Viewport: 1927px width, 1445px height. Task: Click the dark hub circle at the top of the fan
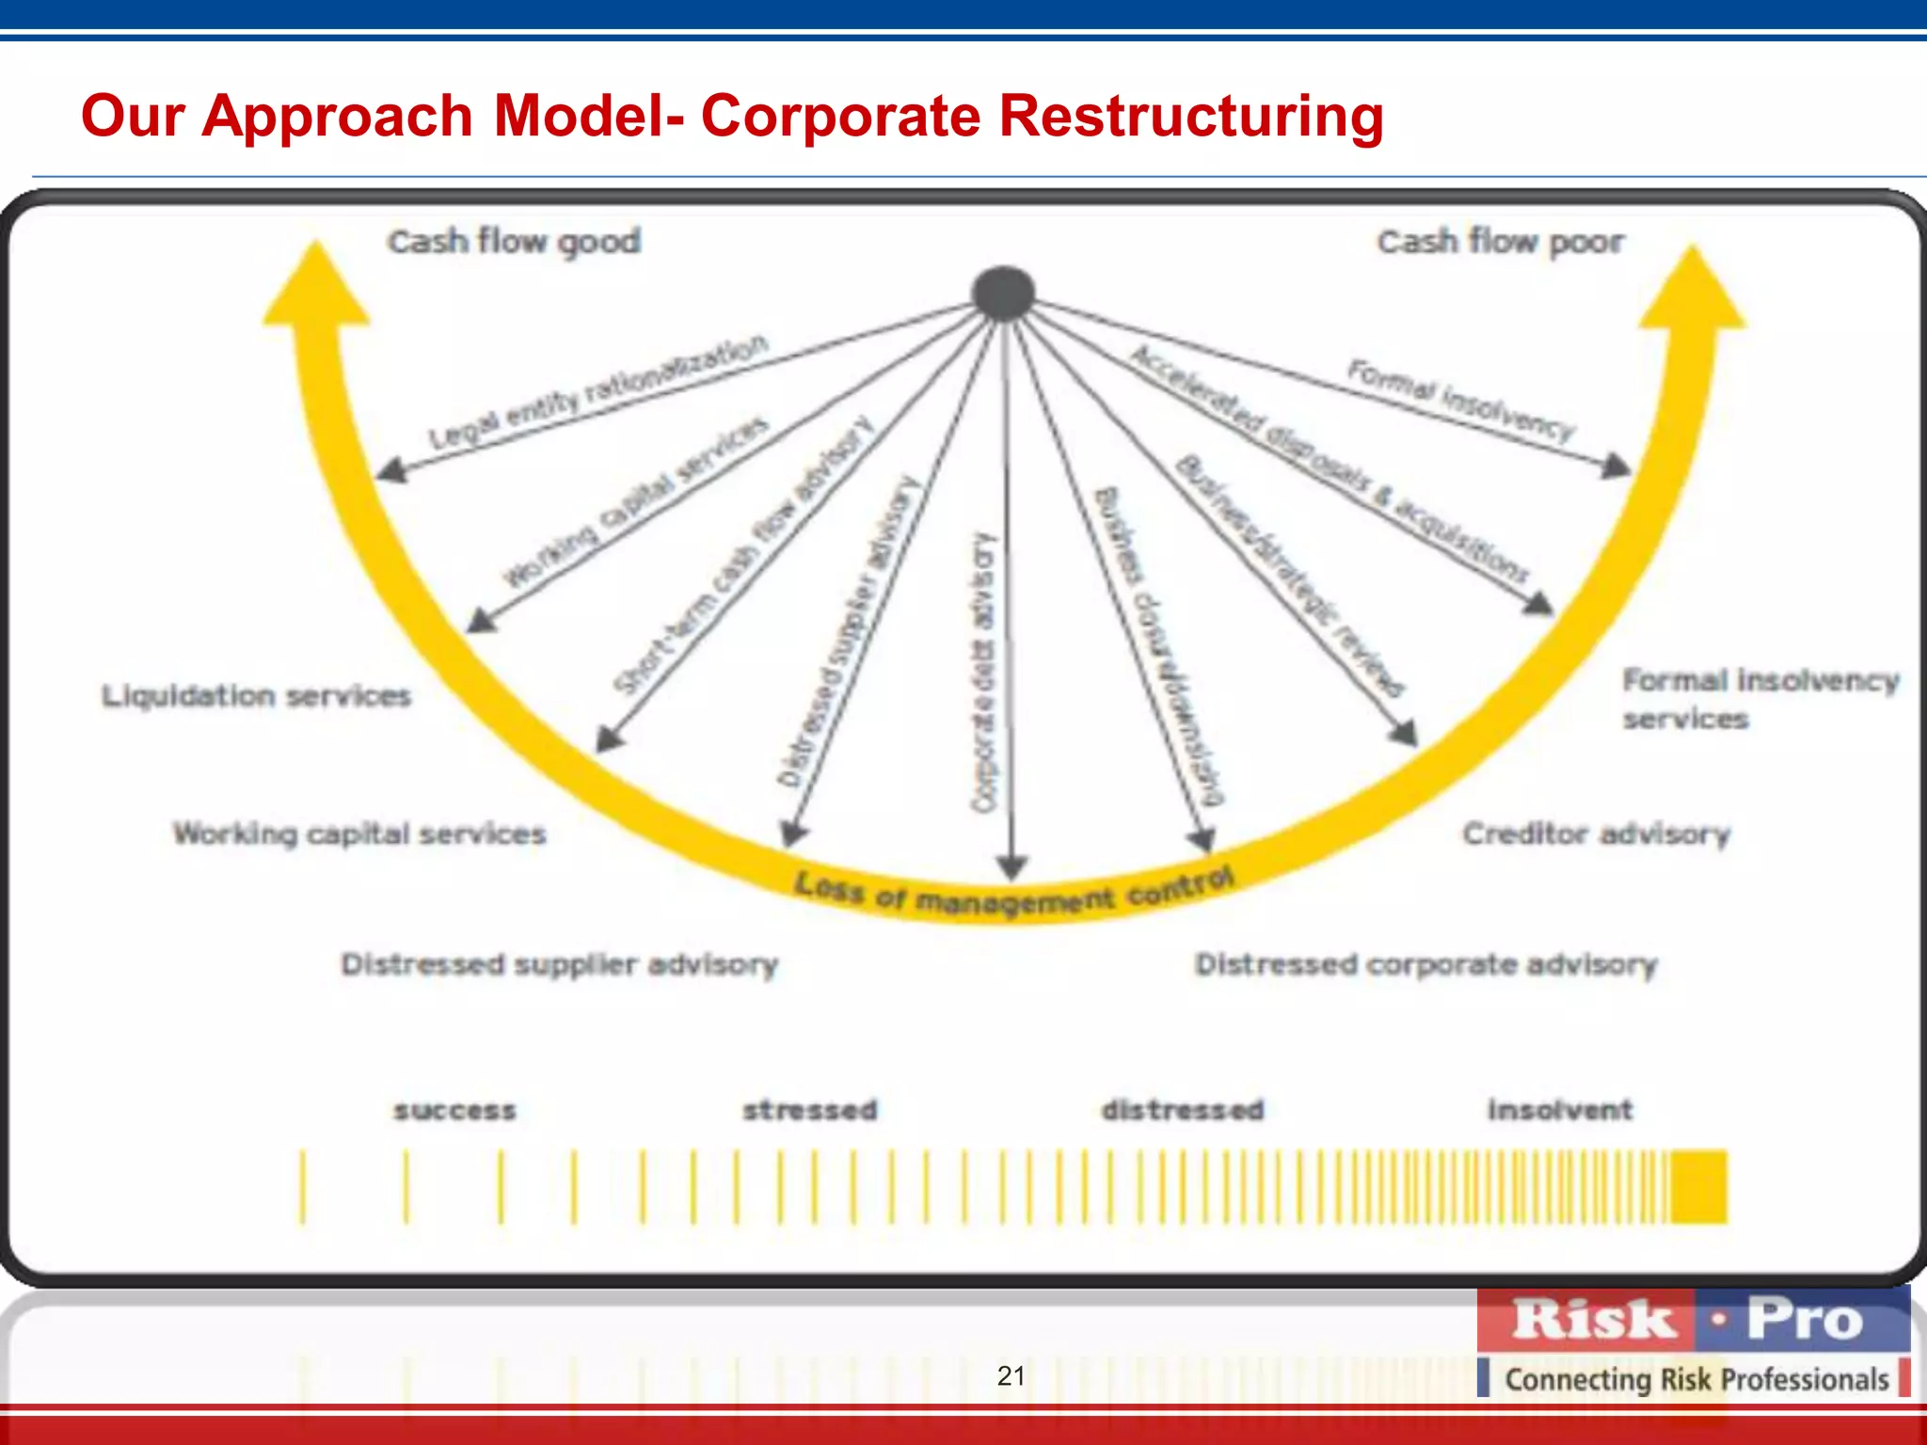1004,294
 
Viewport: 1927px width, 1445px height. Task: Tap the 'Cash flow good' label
514,242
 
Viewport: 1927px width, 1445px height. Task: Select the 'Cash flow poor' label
1501,242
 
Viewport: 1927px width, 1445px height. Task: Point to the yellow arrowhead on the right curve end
1693,289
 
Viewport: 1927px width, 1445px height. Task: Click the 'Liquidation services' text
256,696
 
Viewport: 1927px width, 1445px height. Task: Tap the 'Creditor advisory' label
1596,834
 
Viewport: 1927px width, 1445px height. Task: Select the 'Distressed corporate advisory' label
1425,964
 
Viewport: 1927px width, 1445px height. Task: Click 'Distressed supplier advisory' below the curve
559,964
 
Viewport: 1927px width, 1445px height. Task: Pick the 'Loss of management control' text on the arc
1013,892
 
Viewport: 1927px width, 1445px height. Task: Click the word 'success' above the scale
454,1111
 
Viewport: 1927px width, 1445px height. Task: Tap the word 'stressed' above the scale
809,1111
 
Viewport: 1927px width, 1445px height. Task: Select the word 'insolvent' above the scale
1559,1110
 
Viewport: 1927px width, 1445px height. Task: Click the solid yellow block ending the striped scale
1699,1186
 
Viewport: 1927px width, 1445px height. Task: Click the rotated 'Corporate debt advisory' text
983,672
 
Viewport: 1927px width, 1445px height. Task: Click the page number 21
1011,1375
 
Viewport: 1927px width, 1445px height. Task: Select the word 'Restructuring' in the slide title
1190,116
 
